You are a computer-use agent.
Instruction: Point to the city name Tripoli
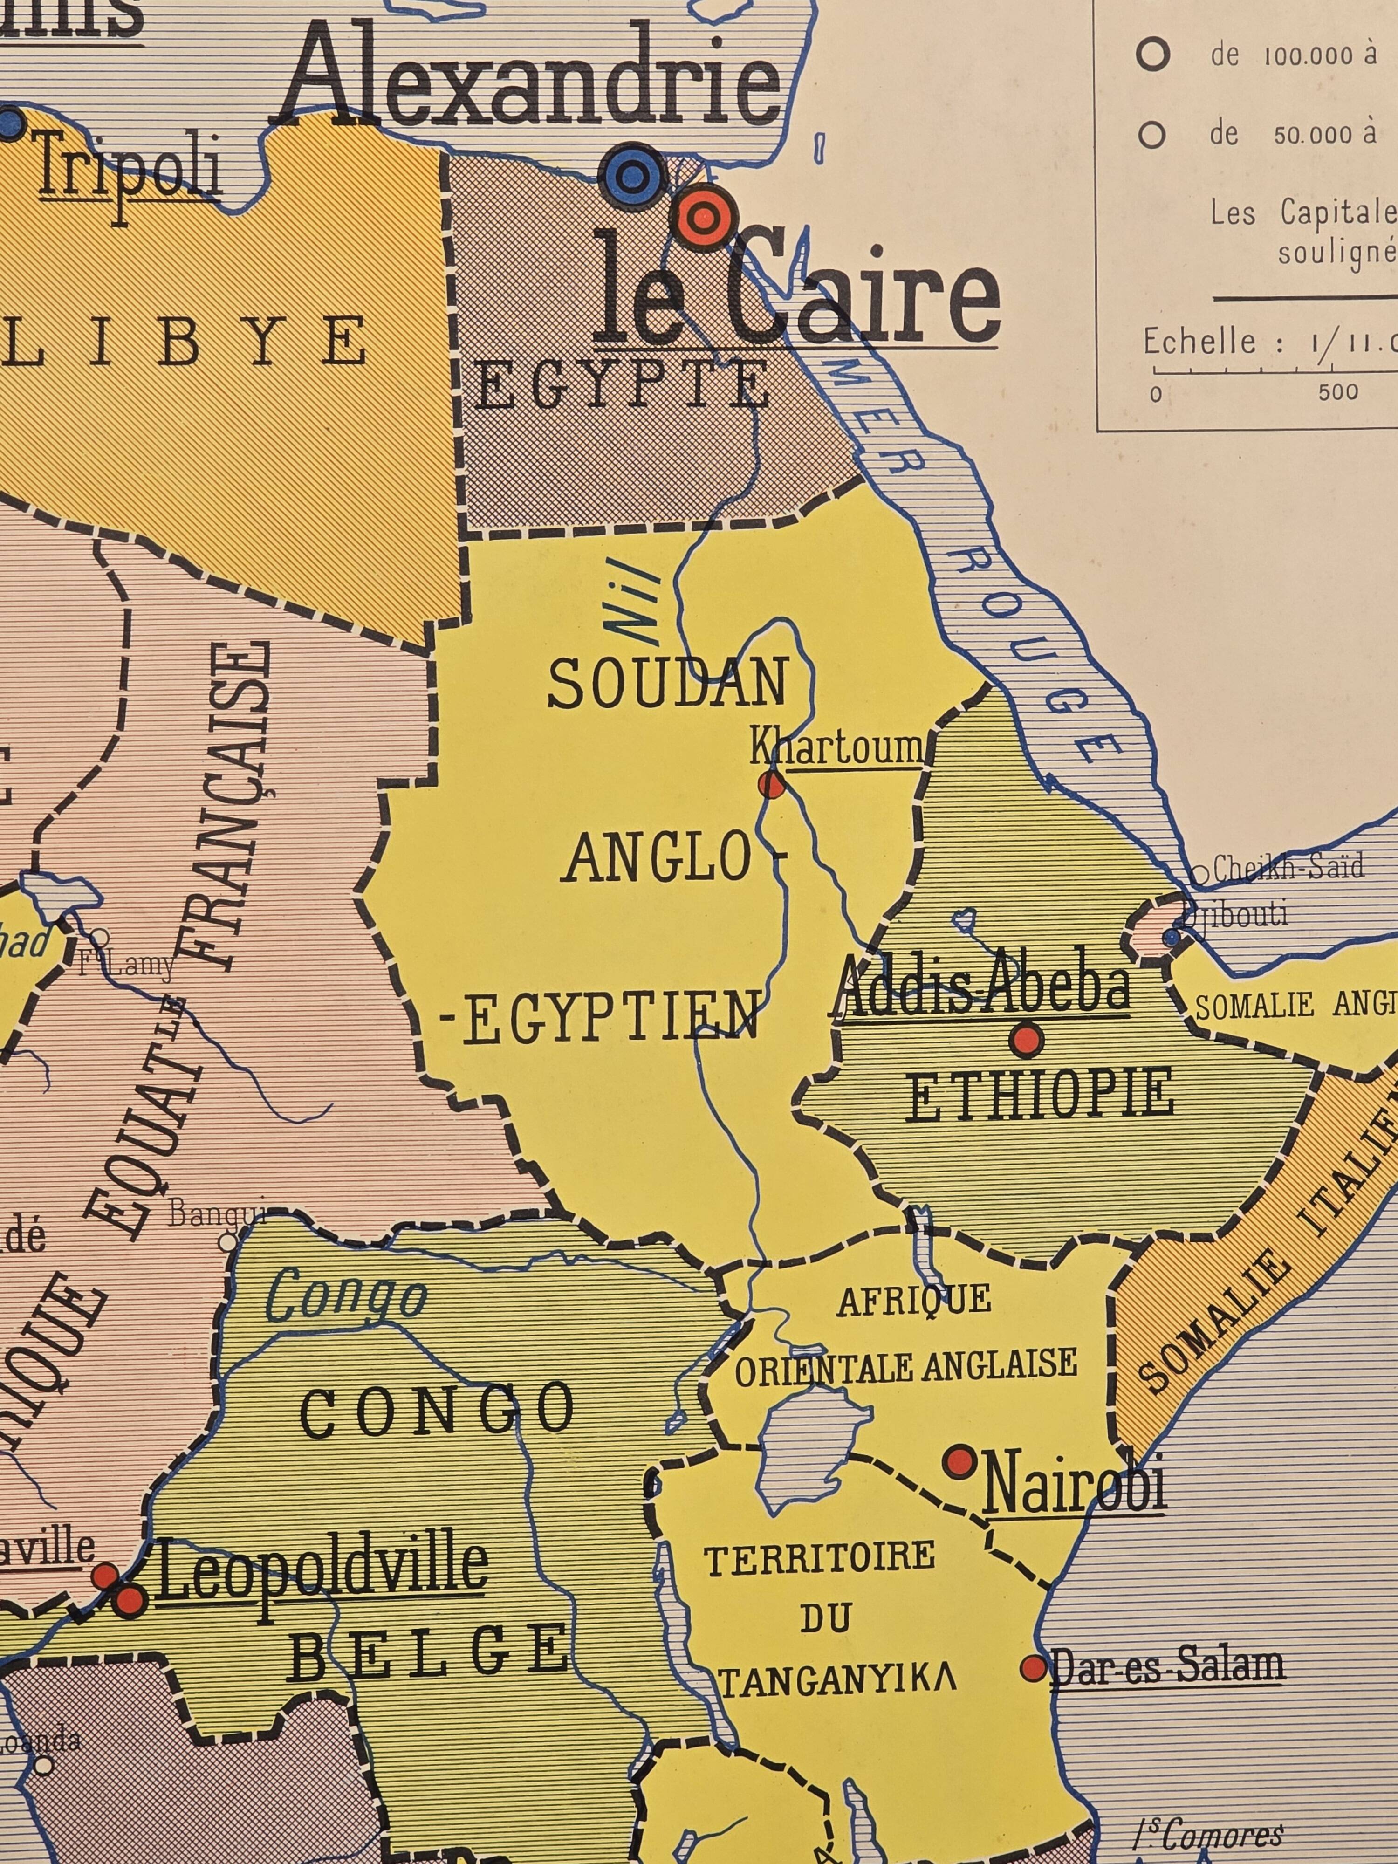point(129,169)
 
